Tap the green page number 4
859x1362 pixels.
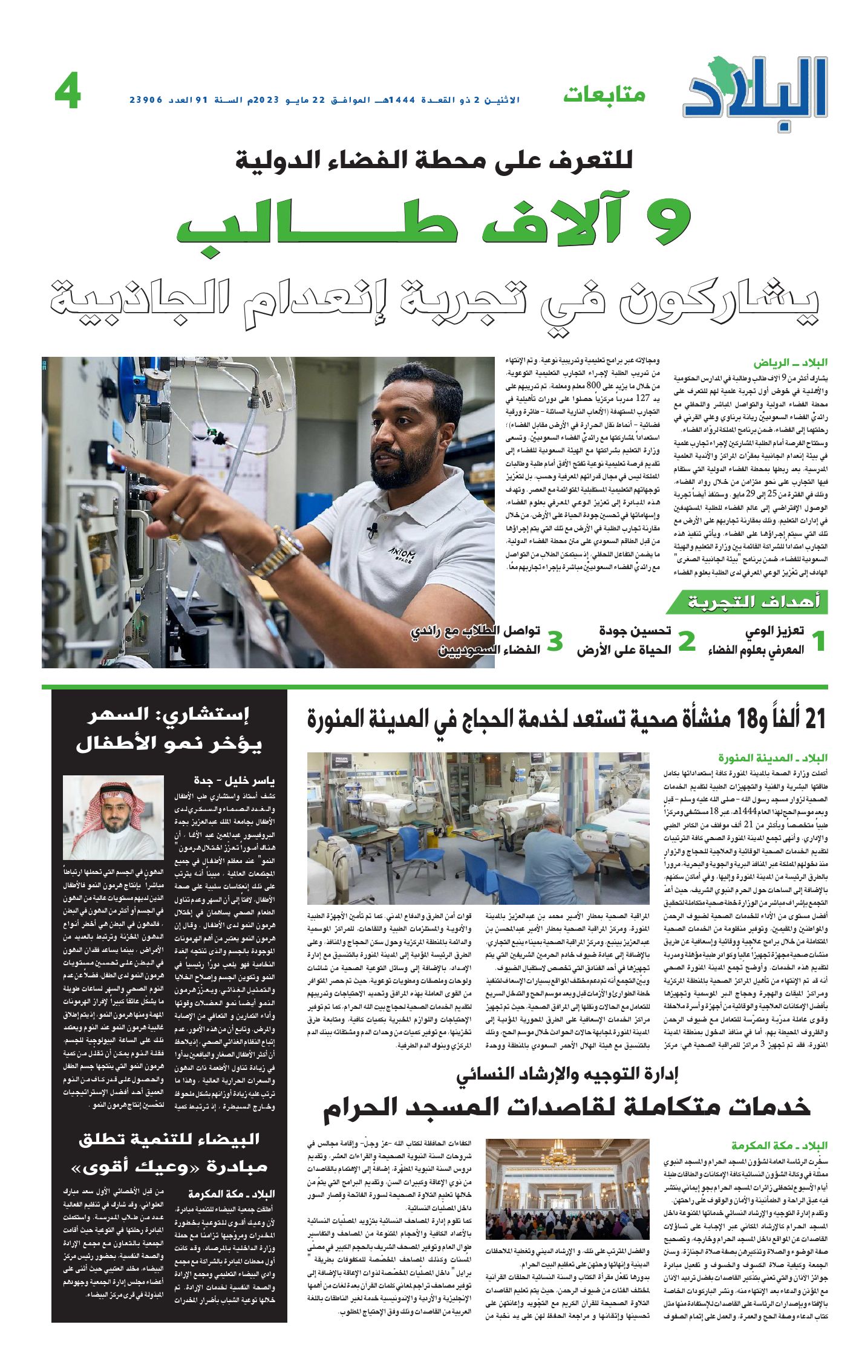68,93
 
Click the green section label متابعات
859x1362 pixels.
604,95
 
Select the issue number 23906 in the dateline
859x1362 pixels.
146,100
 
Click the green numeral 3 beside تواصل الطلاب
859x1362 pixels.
555,642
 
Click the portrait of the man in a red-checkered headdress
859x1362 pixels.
114,817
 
